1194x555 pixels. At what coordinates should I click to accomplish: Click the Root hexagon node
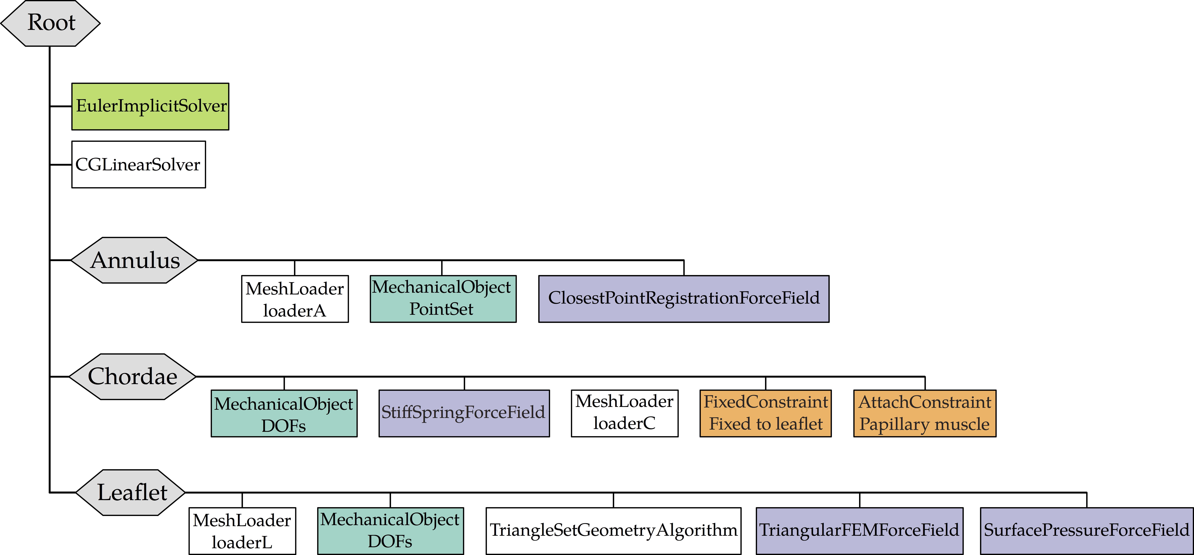[50, 23]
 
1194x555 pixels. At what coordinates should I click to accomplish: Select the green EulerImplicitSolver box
[150, 106]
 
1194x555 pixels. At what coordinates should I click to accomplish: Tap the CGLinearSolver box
[139, 164]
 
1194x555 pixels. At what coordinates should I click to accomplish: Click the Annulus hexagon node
[134, 260]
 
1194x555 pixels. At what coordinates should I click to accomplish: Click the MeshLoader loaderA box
[295, 299]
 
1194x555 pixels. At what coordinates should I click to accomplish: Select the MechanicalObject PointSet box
[443, 299]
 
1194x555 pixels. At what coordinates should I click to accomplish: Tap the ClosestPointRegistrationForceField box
[684, 299]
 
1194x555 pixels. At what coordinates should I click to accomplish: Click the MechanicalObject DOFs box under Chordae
[284, 414]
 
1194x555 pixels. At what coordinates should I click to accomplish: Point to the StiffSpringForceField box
[464, 414]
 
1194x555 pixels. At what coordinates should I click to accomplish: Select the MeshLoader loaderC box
[624, 414]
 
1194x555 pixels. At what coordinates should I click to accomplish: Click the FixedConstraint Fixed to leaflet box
[766, 414]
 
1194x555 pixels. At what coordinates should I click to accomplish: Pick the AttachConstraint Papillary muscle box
[925, 414]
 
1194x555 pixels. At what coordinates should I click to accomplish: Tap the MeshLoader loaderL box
[242, 531]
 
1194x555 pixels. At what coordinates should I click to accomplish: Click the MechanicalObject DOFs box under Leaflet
[390, 531]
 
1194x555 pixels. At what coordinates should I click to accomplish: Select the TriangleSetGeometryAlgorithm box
[613, 531]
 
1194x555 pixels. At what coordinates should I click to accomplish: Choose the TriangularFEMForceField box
[859, 531]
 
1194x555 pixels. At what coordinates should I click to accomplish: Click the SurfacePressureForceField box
[1087, 531]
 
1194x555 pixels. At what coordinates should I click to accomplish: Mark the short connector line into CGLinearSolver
[61, 164]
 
